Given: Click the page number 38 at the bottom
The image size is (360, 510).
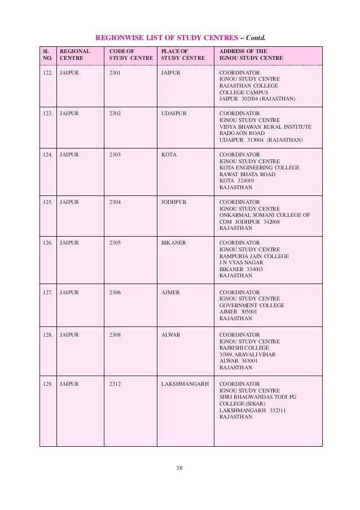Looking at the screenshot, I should click(x=181, y=468).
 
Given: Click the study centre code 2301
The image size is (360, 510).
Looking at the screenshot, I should click(x=116, y=73).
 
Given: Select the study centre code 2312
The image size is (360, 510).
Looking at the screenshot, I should click(x=116, y=383).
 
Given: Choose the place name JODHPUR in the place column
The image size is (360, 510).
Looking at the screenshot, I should click(x=174, y=202).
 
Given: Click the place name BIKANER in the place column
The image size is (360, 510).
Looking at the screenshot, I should click(x=174, y=243).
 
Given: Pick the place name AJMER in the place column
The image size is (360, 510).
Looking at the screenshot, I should click(x=170, y=292).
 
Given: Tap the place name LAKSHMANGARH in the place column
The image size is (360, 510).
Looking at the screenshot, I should click(x=185, y=383).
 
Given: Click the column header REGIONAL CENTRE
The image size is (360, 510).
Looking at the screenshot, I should click(x=74, y=54).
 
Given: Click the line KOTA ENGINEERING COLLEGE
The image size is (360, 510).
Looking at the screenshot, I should click(x=259, y=168).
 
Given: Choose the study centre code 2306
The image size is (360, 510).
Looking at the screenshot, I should click(x=116, y=292).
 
